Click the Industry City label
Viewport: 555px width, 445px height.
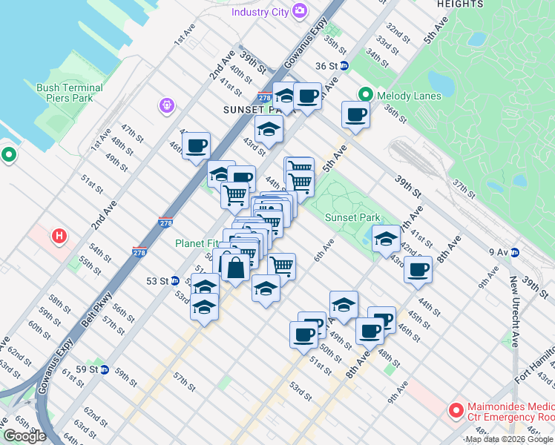pos(260,12)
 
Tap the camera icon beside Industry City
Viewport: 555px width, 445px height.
pos(300,11)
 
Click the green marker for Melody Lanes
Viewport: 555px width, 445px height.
pos(365,95)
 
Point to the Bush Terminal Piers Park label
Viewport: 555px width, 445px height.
pos(69,92)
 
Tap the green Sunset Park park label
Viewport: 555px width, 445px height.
pos(352,217)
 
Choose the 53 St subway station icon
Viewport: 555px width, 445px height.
pos(174,281)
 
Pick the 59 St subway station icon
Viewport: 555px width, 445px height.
pos(105,369)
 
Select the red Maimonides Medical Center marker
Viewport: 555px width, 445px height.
pos(456,409)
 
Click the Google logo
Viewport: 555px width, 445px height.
pos(24,436)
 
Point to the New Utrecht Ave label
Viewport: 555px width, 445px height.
pos(513,310)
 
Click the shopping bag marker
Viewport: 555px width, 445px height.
pos(235,268)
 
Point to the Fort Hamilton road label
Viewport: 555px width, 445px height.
pos(535,366)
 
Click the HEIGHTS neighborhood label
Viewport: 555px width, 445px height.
pos(460,4)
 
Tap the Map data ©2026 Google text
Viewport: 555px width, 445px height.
pos(509,439)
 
